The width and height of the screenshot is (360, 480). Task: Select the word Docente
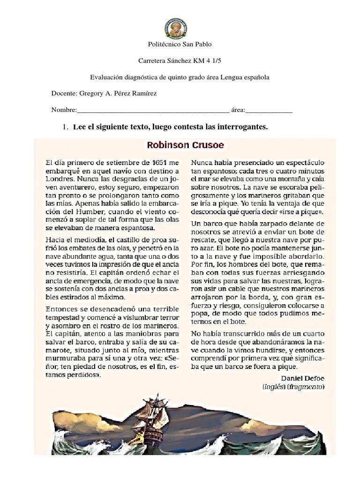(63, 93)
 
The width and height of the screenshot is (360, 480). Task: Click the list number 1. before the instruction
(66, 127)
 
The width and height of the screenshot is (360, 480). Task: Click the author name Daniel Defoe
(302, 378)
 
